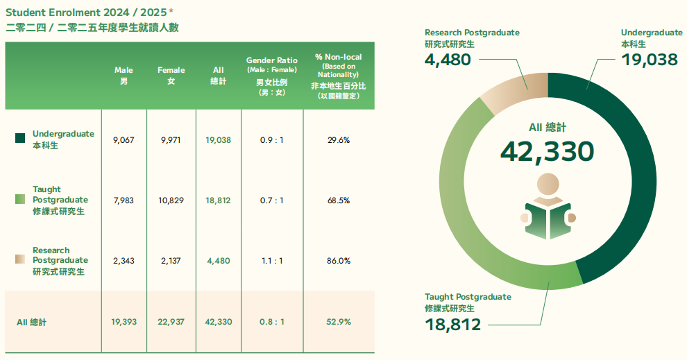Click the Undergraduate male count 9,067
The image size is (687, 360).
[x=123, y=139]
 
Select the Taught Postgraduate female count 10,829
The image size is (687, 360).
[x=171, y=200]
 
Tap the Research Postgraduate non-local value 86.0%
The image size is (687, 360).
[x=338, y=261]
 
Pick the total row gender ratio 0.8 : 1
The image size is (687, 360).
[x=272, y=322]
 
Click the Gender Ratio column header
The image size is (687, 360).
[x=271, y=76]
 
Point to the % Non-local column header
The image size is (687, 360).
[x=338, y=76]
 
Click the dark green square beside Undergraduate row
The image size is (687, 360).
[x=20, y=139]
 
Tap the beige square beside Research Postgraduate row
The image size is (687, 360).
[x=20, y=260]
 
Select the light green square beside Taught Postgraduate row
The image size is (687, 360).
[x=20, y=200]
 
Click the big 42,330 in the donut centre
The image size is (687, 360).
[x=547, y=151]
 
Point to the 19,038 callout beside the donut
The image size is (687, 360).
[x=650, y=60]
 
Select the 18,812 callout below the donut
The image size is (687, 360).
[x=452, y=324]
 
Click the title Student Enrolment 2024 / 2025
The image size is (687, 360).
[x=90, y=12]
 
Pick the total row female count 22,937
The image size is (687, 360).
[x=171, y=322]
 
